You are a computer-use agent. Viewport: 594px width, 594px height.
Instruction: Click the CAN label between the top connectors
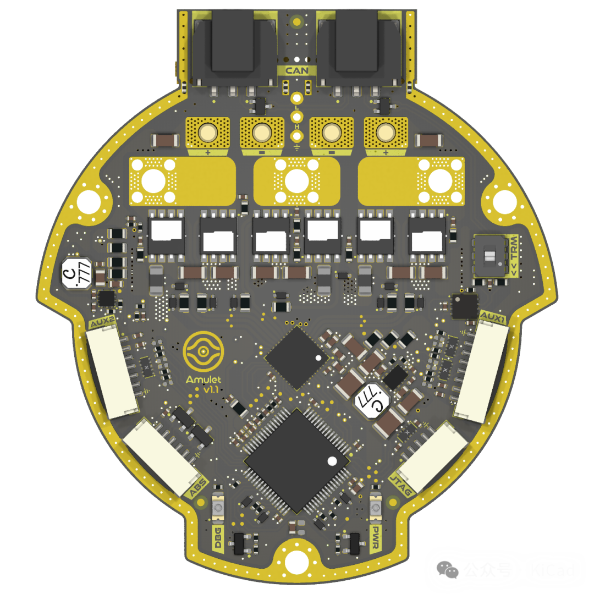tap(297, 70)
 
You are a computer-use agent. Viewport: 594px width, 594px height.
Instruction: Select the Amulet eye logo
tap(204, 352)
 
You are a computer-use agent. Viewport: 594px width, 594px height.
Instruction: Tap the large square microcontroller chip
tap(298, 461)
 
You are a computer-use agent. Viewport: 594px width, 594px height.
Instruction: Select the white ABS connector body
tap(160, 456)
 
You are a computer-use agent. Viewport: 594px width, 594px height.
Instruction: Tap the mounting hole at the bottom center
tap(298, 561)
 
